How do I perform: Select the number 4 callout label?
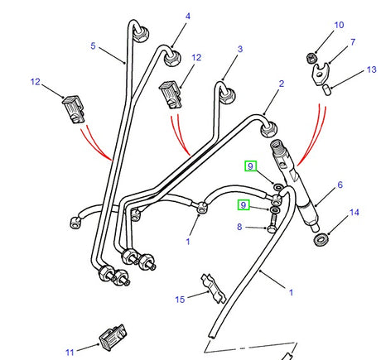187,17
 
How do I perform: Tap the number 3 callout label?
239,50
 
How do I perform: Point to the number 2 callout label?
281,84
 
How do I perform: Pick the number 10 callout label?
338,26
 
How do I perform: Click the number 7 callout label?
352,41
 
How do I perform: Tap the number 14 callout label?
354,213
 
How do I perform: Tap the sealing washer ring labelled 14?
321,240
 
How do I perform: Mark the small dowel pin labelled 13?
326,85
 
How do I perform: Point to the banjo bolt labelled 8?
272,223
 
